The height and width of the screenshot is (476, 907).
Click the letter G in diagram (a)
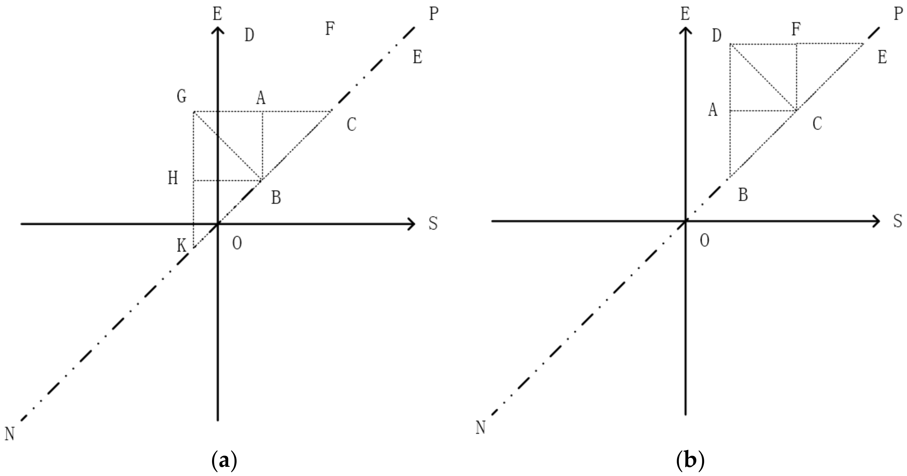(182, 96)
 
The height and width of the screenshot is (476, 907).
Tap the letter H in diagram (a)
(173, 178)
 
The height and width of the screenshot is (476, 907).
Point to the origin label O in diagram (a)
(237, 243)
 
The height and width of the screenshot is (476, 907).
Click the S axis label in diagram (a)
(433, 223)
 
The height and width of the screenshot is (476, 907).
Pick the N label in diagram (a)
(9, 434)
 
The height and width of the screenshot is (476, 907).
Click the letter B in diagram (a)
(276, 198)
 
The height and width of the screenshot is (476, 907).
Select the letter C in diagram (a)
(351, 124)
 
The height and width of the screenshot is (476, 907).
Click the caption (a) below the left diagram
(224, 460)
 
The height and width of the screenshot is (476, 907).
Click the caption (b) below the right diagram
(690, 460)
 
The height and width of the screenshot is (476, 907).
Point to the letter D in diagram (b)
(716, 36)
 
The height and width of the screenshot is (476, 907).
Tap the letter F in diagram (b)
(796, 29)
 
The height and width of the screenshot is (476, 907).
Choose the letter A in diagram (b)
(713, 110)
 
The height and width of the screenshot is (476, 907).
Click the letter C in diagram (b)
(817, 124)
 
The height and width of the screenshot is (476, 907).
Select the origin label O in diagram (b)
(704, 241)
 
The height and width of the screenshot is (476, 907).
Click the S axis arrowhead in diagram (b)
(876, 221)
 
